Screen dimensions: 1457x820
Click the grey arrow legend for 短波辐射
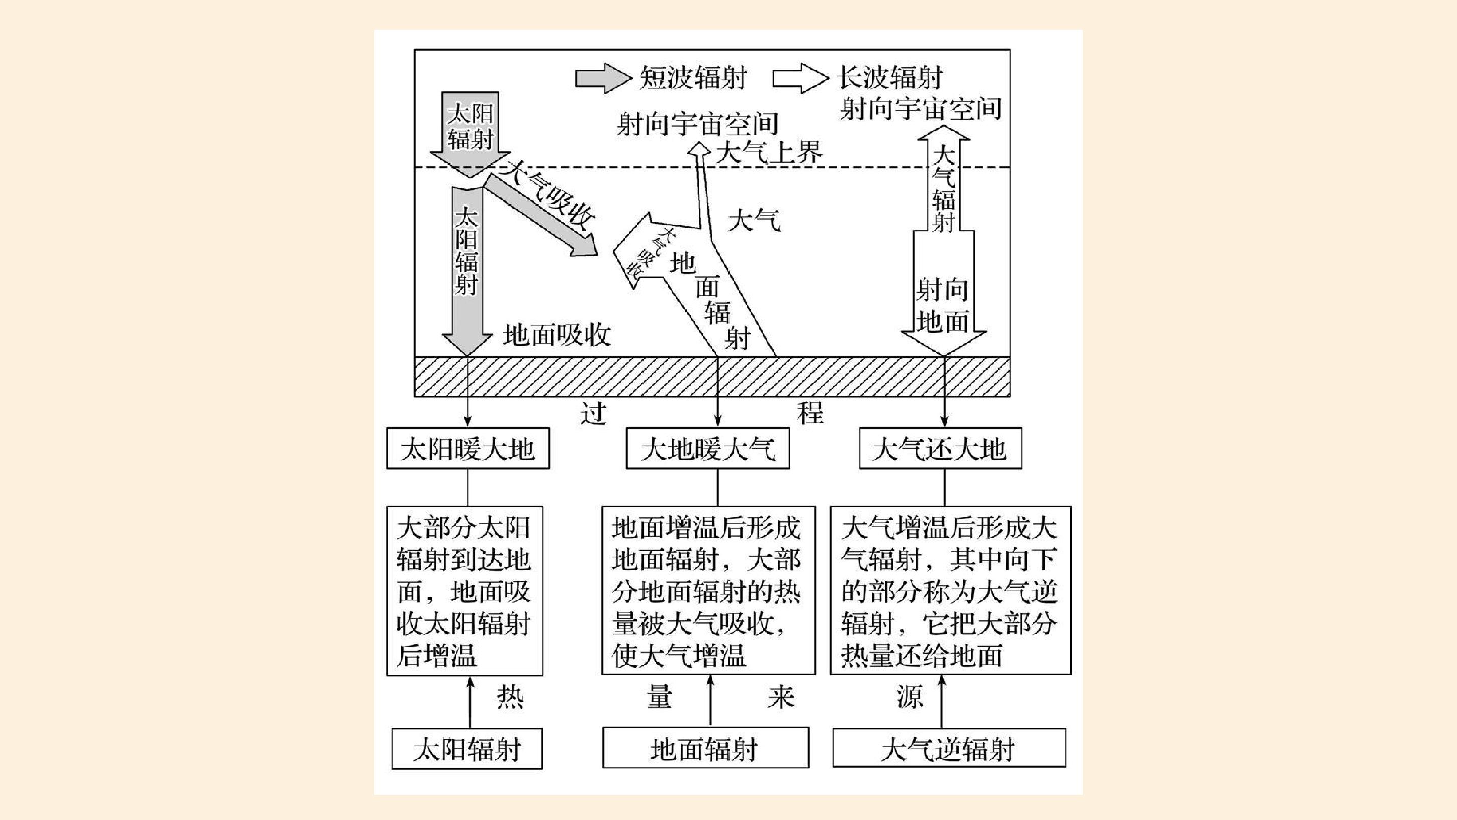point(603,78)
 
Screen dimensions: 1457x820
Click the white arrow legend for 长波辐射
point(800,78)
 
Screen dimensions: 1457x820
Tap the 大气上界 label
point(769,152)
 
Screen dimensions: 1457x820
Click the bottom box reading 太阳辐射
point(467,749)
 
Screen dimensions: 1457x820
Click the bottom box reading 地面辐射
point(705,748)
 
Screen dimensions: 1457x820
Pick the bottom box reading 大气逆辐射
point(949,748)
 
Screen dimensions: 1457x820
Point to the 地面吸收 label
point(557,335)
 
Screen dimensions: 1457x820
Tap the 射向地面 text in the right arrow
point(943,306)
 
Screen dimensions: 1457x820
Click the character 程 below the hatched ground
point(810,413)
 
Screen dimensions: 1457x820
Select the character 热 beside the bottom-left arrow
point(510,696)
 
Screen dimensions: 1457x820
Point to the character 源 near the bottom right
point(910,696)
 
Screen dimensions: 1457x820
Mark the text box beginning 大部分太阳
point(464,591)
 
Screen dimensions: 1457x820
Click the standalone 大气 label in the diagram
point(754,220)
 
